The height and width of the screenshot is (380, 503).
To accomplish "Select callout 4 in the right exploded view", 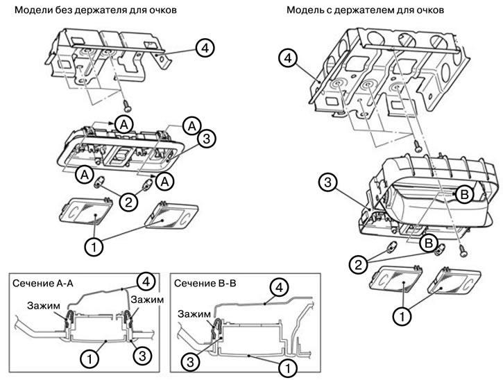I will pyautogui.click(x=290, y=58).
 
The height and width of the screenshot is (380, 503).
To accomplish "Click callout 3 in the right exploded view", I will pyautogui.click(x=329, y=183).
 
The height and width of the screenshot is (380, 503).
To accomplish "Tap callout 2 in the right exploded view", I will pyautogui.click(x=359, y=263).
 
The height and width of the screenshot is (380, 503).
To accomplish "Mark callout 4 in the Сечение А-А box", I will pyautogui.click(x=144, y=281).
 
